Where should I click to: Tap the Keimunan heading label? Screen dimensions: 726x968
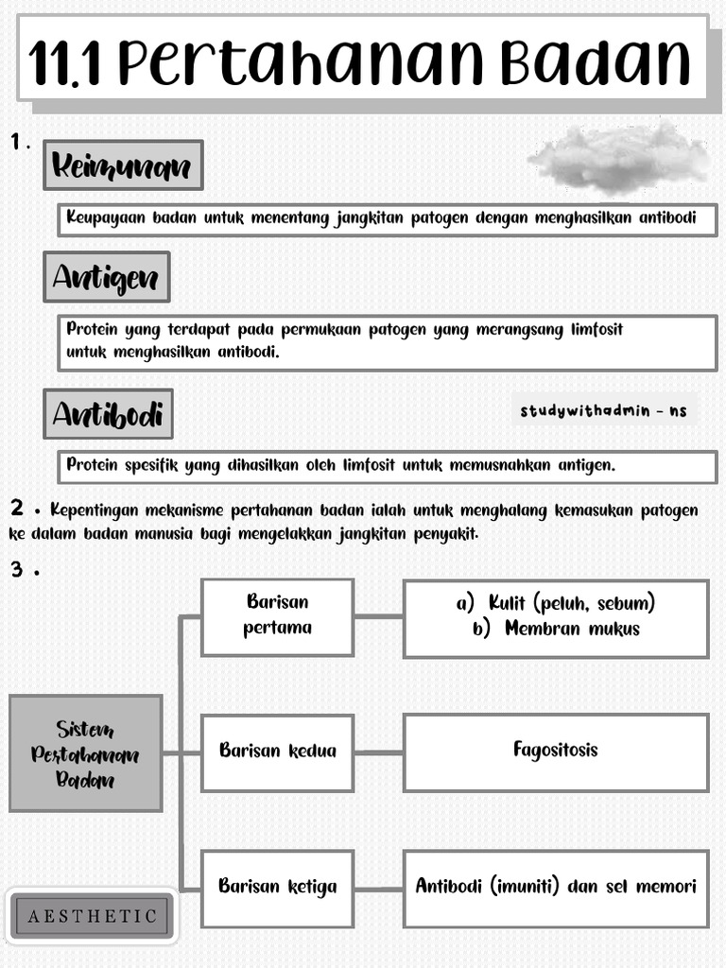coord(123,166)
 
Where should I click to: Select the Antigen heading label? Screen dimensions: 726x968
coord(107,277)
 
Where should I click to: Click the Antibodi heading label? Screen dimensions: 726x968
coord(108,414)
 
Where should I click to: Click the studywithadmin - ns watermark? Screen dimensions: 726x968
coord(604,411)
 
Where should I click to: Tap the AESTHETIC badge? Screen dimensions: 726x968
coord(92,916)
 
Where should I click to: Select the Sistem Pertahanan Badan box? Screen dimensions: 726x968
coord(85,753)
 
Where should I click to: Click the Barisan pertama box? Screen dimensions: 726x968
coord(277,615)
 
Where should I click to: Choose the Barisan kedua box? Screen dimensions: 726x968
coord(277,752)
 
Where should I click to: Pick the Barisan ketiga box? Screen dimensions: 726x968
coord(277,887)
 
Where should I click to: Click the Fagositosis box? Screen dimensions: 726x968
coord(556,751)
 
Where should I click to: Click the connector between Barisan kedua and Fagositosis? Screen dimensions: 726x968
coord(378,752)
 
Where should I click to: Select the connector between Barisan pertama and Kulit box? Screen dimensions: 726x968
coord(378,617)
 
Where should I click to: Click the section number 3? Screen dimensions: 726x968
coord(17,570)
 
